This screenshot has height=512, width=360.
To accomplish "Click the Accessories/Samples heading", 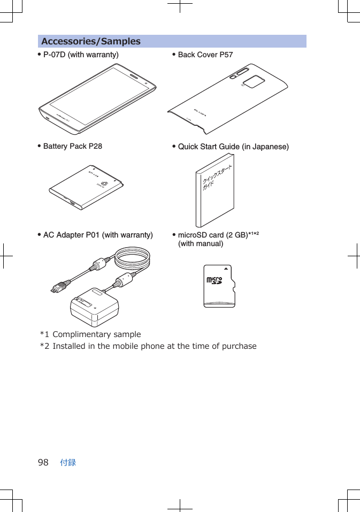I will click(91, 41).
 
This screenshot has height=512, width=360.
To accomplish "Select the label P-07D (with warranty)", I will click(81, 55).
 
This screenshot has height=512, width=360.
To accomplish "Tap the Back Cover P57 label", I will click(205, 55).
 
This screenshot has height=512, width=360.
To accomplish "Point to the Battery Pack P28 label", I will click(72, 146).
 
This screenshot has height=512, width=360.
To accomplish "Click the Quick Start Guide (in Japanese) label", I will click(233, 147).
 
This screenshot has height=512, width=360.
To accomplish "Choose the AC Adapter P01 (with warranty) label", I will click(97, 235).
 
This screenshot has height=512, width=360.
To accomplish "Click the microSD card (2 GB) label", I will click(212, 235).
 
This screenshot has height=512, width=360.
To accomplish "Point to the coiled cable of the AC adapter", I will click(133, 260).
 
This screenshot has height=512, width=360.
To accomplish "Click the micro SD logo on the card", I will click(214, 281).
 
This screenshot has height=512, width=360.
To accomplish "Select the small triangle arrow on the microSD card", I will click(226, 269).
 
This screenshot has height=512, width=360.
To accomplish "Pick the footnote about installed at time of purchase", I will click(149, 346).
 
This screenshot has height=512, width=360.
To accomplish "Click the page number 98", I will click(43, 462).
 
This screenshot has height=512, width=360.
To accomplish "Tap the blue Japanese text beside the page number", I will click(68, 462).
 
